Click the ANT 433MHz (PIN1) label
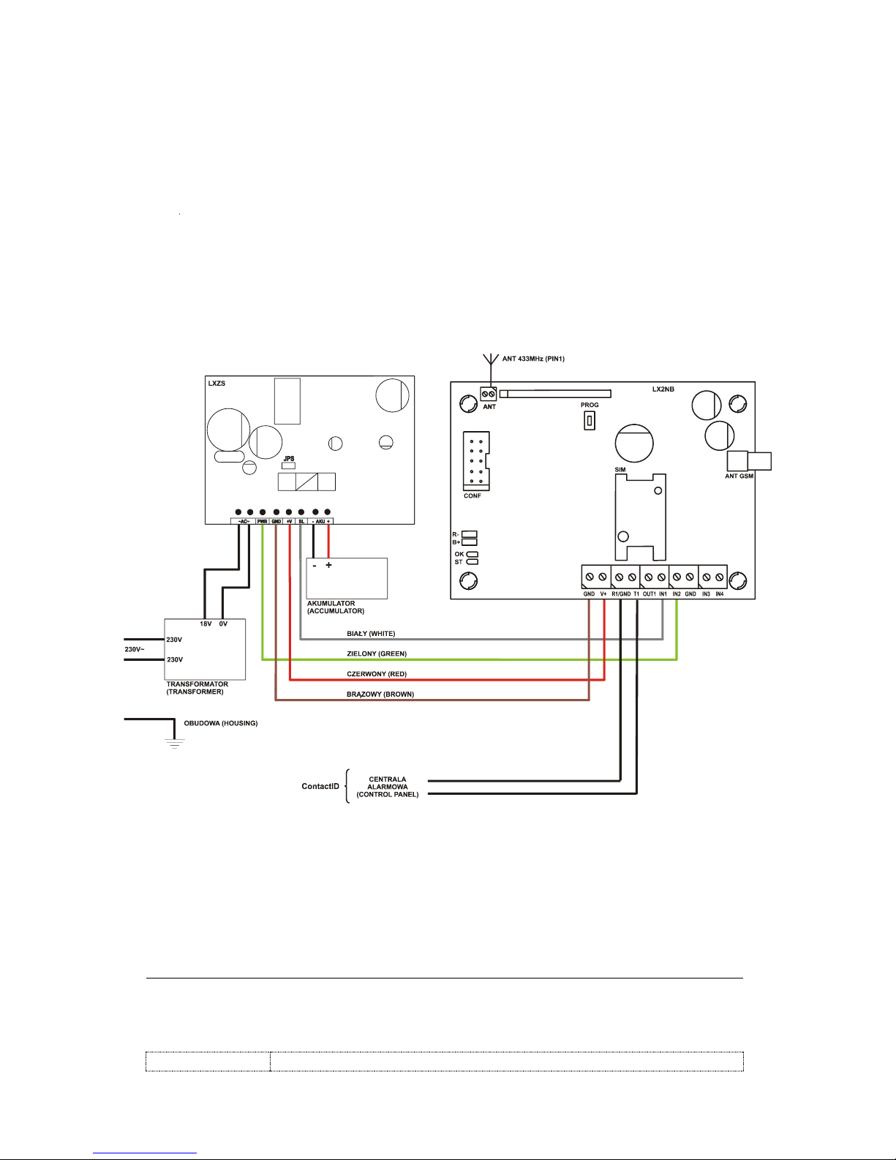coord(533,359)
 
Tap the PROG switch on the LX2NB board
coord(589,421)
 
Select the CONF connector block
coord(476,461)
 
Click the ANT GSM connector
coord(748,461)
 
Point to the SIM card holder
coord(640,516)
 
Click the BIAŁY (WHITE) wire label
coord(371,634)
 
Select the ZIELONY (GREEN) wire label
coord(377,654)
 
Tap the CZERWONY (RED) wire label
coord(377,674)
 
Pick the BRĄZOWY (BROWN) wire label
coord(380,695)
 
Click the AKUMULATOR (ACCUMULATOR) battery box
coord(347,578)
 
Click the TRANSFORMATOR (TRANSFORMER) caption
coord(197,688)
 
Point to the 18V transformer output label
coord(206,624)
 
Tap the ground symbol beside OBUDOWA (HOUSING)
coord(174,744)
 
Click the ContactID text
coord(320,786)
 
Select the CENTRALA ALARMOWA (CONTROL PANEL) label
coord(388,787)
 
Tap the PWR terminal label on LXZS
coord(262,521)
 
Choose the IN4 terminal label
coord(720,594)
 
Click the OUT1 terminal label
coord(649,594)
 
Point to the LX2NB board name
coord(663,389)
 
